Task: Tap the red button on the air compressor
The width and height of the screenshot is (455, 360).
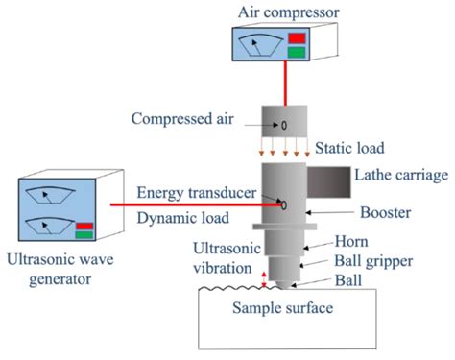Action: (x=296, y=38)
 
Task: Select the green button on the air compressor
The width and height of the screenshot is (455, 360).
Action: (x=296, y=54)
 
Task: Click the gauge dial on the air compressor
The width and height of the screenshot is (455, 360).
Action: (x=259, y=45)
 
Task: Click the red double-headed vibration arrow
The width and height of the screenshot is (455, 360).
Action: (x=266, y=278)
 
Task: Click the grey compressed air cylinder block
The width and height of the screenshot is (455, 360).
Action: (x=282, y=125)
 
